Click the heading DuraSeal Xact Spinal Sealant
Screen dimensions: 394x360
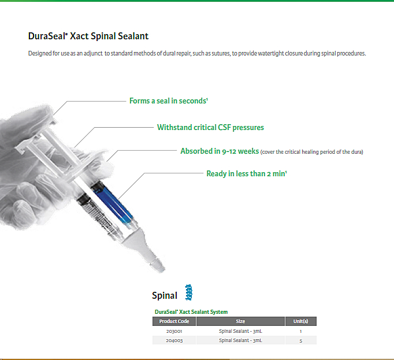(x=88, y=36)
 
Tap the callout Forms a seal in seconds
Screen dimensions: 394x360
(x=169, y=101)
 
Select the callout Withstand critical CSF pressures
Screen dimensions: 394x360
(x=210, y=128)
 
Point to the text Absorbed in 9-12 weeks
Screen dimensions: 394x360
(x=220, y=151)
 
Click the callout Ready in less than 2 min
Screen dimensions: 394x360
(x=247, y=174)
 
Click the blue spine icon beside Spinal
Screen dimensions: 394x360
(x=189, y=292)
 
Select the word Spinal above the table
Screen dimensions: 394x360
(x=165, y=295)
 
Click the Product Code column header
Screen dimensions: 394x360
(x=174, y=321)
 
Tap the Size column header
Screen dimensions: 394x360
(x=240, y=321)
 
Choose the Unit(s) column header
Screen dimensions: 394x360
(x=301, y=321)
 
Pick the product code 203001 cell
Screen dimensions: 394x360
(x=174, y=331)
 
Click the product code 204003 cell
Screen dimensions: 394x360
(x=174, y=340)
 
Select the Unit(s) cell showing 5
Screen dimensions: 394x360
(x=301, y=340)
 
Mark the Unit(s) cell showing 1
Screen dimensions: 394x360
(x=301, y=331)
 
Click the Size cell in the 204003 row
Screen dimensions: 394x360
(x=240, y=340)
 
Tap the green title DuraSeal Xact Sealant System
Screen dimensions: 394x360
(x=191, y=312)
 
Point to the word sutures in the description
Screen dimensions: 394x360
(x=221, y=54)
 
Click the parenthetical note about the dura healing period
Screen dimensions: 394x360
(x=312, y=152)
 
